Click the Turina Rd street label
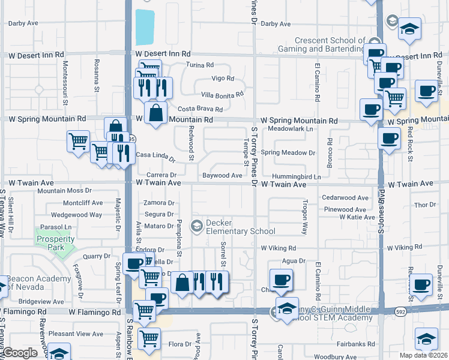(200, 65)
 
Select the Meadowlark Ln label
(291, 129)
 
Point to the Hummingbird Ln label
(297, 177)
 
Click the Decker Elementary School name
(232, 227)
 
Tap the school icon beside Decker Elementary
(196, 226)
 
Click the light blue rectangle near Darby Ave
(145, 27)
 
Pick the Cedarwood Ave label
(345, 197)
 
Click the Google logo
(20, 353)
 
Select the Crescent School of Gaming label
(321, 44)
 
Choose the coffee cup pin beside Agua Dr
(281, 280)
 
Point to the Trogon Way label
(305, 217)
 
